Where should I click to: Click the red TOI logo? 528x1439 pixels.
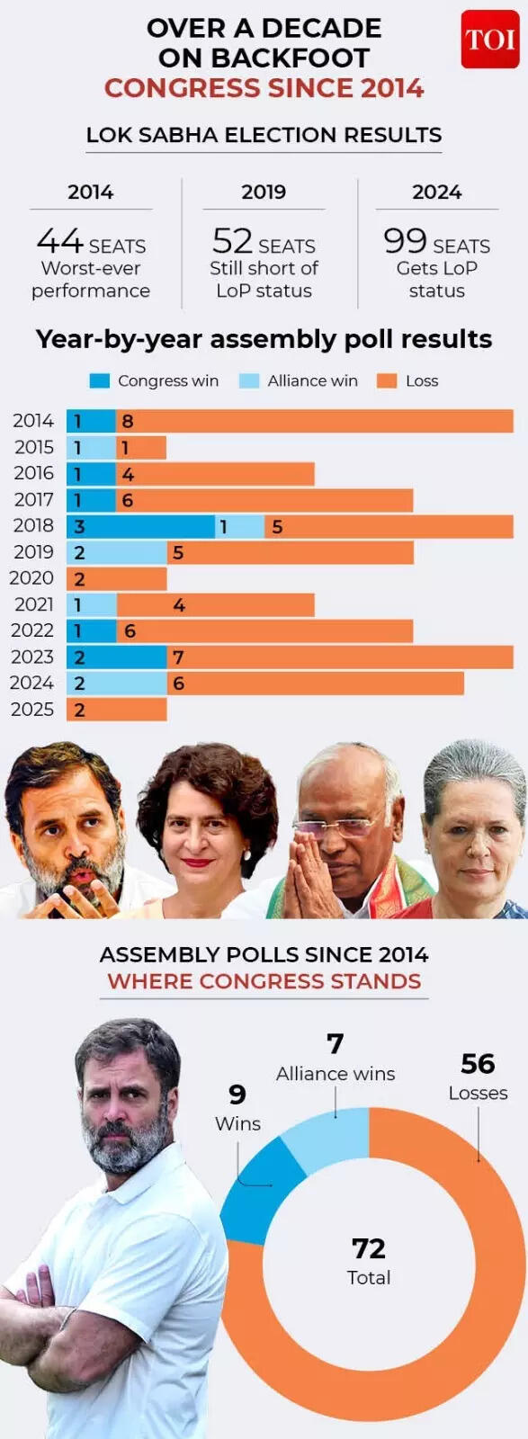tap(489, 40)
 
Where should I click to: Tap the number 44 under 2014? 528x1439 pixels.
tap(59, 241)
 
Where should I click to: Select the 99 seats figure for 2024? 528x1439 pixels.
tap(405, 241)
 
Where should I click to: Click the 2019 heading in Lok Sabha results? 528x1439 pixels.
tap(264, 192)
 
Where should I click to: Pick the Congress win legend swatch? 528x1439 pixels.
tap(100, 380)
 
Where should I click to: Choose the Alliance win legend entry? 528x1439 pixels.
tap(299, 380)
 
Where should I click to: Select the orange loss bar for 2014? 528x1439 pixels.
tap(315, 421)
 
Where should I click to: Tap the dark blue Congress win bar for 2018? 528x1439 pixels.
tap(140, 526)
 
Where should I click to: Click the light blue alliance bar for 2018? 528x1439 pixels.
tap(240, 526)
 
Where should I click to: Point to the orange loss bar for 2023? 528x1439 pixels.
tap(340, 657)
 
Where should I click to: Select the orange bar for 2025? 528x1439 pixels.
tap(117, 710)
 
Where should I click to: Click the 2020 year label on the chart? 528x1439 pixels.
tap(31, 578)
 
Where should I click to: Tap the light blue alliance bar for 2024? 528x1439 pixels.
tap(117, 684)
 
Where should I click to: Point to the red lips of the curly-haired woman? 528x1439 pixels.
tap(197, 863)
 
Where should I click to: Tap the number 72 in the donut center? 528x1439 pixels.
tap(369, 1248)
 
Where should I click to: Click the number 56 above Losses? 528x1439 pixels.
tap(478, 1064)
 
